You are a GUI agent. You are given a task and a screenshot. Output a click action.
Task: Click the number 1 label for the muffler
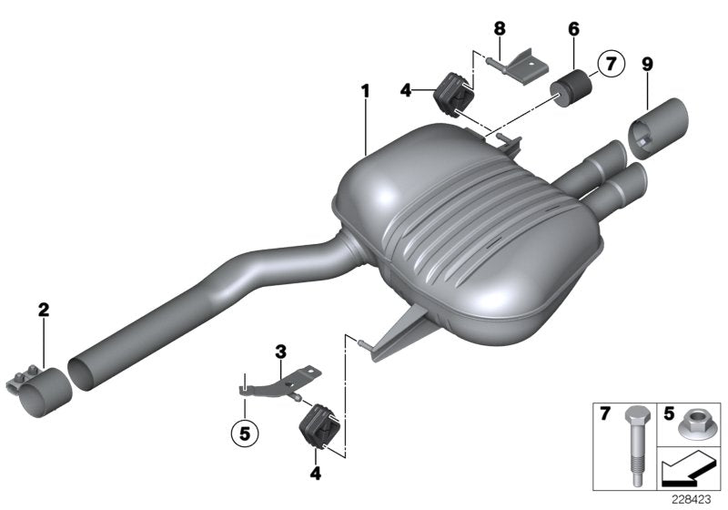click(365, 91)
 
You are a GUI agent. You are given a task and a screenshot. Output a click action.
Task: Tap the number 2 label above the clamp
click(43, 311)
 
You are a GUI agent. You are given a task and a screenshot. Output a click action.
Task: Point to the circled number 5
click(242, 433)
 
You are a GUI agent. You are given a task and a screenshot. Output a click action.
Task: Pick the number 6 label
click(573, 29)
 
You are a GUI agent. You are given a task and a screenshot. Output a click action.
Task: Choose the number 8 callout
click(500, 29)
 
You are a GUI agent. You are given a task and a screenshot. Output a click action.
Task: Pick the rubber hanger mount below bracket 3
click(318, 427)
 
